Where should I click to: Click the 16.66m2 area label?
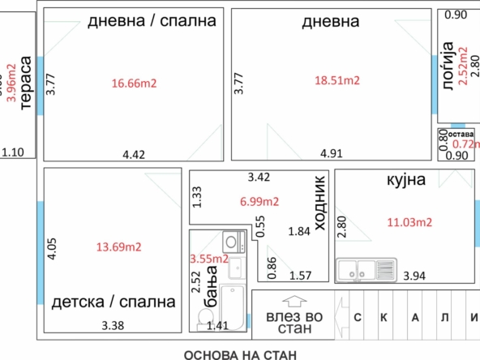[x=134, y=84]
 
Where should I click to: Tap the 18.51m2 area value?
[x=337, y=80]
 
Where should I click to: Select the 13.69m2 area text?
[x=118, y=247]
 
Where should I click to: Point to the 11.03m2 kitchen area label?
[x=409, y=222]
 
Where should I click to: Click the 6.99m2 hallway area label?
[x=259, y=202]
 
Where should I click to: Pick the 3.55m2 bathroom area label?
[x=209, y=259]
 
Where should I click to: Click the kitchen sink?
[x=366, y=270]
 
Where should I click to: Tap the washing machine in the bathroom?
[x=234, y=242]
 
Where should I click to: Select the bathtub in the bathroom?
[x=233, y=307]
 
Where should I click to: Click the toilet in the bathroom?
[x=205, y=320]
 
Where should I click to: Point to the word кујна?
[x=406, y=180]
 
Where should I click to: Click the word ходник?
[x=319, y=203]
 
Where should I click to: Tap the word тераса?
[x=26, y=83]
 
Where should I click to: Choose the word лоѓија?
[x=448, y=66]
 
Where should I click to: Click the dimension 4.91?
[x=332, y=153]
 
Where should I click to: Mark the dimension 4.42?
[x=134, y=155]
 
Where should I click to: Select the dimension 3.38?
[x=113, y=325]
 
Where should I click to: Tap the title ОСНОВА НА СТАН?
[x=240, y=355]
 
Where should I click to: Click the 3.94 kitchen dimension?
[x=414, y=276]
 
